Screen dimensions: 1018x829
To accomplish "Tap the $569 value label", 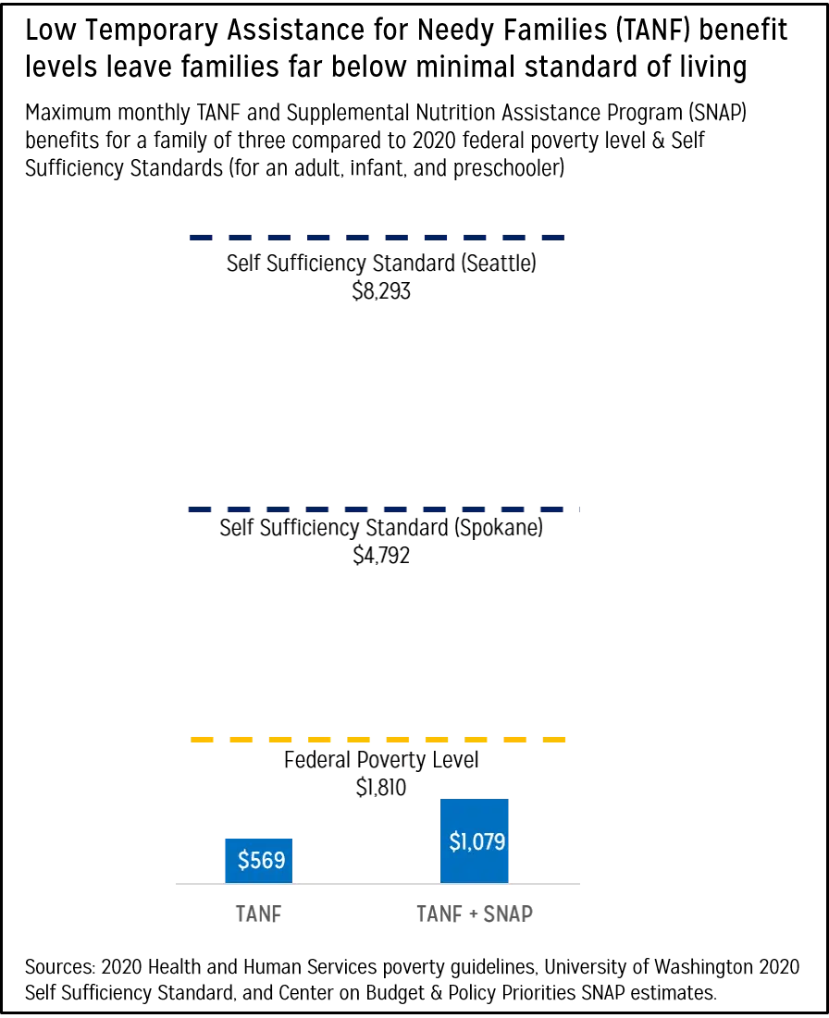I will point(261,861).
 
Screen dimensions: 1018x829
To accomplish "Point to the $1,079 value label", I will point(477,842).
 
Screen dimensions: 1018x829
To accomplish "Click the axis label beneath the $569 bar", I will point(255,914).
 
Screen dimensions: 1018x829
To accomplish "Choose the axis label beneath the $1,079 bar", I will point(474,914).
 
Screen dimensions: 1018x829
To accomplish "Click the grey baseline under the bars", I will point(370,884).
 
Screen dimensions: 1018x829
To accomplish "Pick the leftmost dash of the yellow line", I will point(200,740).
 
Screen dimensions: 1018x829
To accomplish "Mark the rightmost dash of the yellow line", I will point(555,740).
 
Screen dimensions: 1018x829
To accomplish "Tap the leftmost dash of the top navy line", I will point(200,238).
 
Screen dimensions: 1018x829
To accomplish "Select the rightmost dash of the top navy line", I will point(554,238).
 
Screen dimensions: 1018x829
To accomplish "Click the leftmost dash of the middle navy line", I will point(200,510).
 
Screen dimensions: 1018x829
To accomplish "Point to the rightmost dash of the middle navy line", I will point(554,510).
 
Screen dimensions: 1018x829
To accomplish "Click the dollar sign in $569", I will point(243,861).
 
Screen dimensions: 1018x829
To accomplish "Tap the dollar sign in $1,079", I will point(454,842).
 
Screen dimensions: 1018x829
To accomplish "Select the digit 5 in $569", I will point(255,861).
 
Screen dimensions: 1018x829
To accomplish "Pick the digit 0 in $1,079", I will point(477,842).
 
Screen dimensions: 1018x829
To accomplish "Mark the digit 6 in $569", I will point(266,861).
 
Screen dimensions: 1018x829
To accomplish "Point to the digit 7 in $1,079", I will point(489,842).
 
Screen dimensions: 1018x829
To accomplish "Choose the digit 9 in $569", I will point(278,861).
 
